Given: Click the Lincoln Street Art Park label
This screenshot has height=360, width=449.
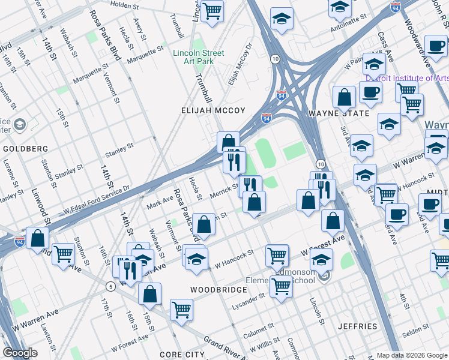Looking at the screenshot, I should click(198, 58).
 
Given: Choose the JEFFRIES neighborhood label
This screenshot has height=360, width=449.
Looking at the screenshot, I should click(357, 327).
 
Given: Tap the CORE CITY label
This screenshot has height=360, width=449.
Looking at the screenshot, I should click(183, 355).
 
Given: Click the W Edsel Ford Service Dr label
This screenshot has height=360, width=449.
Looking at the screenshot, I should click(97, 202).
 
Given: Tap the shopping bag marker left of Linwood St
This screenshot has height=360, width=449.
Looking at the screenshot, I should click(37, 238).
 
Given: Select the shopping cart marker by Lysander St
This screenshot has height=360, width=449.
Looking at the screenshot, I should click(280, 286).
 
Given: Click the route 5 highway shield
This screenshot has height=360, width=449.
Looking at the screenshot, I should click(110, 286).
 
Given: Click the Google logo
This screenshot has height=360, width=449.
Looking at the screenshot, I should click(20, 353).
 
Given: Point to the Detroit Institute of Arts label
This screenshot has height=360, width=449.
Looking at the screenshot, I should click(408, 79).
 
